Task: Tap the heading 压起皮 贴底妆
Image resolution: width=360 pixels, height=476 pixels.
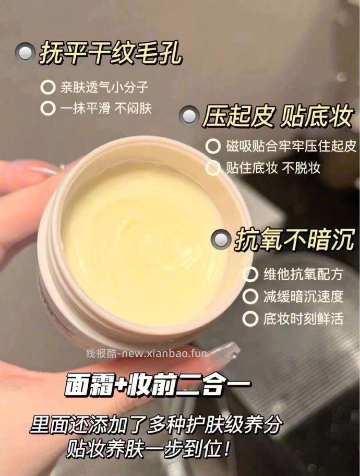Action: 278,116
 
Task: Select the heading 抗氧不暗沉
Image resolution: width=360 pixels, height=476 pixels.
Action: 294,239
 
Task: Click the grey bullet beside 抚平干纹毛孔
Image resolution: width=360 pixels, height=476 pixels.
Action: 25,53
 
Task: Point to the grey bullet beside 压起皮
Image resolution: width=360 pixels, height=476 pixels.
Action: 189,115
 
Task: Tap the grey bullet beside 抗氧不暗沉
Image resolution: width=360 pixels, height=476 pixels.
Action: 220,239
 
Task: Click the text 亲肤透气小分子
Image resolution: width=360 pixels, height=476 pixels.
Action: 104,87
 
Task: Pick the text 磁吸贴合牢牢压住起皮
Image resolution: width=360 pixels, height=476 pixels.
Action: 291,146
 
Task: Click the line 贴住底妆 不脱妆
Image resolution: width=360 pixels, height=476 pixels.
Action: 272,168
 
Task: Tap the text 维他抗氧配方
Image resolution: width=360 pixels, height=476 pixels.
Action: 303,275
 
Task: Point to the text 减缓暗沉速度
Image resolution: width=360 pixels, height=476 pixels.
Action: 303,296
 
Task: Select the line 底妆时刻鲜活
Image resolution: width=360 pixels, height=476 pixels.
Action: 303,319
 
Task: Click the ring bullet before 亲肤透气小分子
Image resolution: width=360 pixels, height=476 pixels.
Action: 48,88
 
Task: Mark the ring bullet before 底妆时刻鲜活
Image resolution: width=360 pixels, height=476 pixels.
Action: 250,319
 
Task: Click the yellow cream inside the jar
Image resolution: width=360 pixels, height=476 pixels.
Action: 142,243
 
